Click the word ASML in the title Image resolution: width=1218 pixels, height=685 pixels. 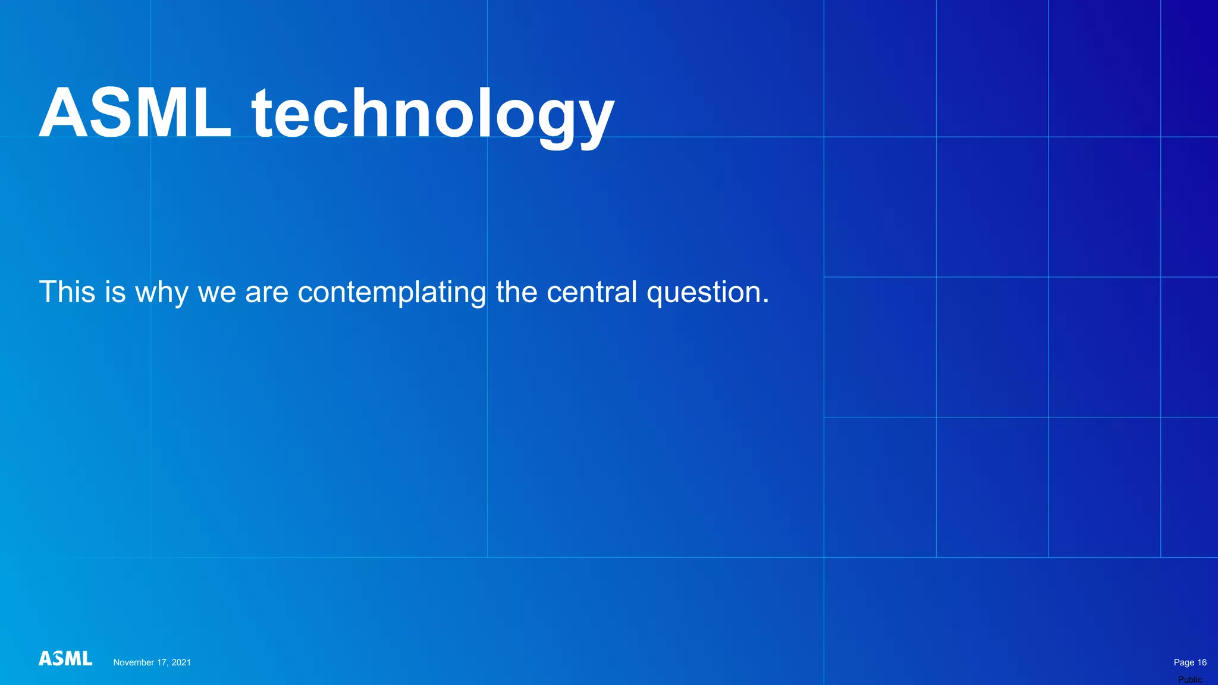click(x=135, y=113)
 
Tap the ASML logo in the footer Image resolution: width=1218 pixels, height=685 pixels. click(x=65, y=658)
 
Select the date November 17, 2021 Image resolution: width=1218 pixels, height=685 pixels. click(x=152, y=662)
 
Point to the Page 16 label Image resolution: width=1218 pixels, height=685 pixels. click(x=1189, y=662)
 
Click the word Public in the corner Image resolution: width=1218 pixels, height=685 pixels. click(x=1189, y=680)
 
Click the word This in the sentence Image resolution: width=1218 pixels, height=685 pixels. click(x=67, y=292)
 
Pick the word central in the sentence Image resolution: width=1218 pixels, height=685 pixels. click(x=591, y=292)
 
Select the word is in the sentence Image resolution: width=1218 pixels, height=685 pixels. click(x=115, y=292)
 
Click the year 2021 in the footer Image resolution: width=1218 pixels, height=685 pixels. click(x=181, y=662)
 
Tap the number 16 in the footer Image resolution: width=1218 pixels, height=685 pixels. click(x=1201, y=662)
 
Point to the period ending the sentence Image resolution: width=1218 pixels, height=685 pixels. click(x=765, y=302)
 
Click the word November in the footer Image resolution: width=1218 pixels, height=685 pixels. click(x=134, y=662)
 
